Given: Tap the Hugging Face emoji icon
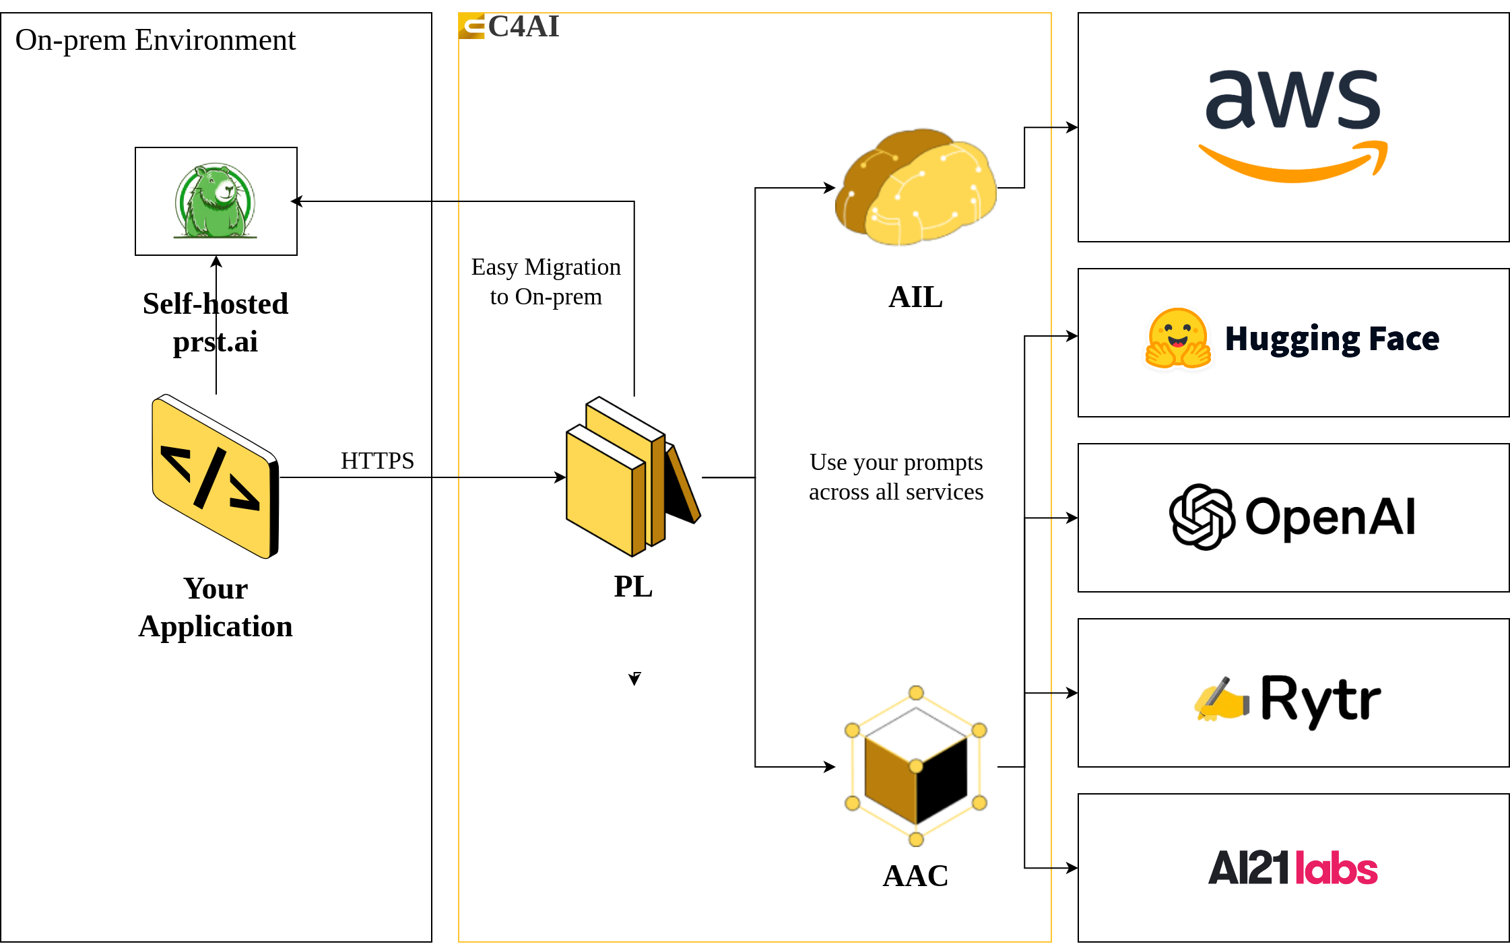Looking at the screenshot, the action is click(1178, 338).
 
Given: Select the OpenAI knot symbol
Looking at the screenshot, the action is click(1202, 517).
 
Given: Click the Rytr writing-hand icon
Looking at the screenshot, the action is click(1221, 699).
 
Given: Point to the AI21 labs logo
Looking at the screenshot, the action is click(1293, 868).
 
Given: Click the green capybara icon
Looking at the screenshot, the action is click(216, 201).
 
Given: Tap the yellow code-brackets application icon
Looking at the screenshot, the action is click(216, 477).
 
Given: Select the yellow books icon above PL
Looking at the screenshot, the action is click(633, 477).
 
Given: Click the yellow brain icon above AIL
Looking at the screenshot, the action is click(916, 187).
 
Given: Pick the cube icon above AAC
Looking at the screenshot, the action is click(916, 766).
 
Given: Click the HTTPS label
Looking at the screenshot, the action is click(377, 461).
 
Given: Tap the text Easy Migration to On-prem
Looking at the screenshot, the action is click(546, 281).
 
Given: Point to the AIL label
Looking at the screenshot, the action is click(916, 297).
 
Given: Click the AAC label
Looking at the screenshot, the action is click(916, 876).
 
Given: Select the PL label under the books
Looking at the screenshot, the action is click(633, 586).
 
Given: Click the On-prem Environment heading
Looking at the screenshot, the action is click(156, 40).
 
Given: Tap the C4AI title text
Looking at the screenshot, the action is click(524, 27).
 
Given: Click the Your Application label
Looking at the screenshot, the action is click(216, 607).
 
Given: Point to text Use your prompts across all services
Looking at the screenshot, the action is click(896, 477).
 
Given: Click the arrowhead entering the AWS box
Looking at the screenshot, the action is click(1072, 127).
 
